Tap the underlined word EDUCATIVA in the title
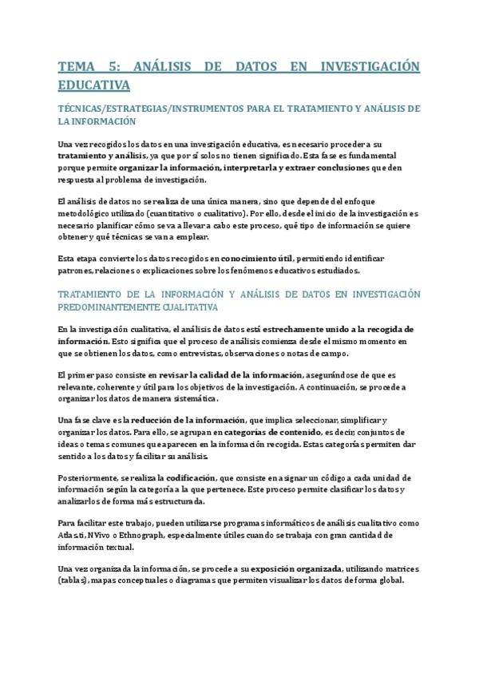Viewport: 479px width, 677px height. point(94,84)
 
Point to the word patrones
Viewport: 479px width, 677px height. point(76,271)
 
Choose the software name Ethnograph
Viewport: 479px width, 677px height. point(146,535)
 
